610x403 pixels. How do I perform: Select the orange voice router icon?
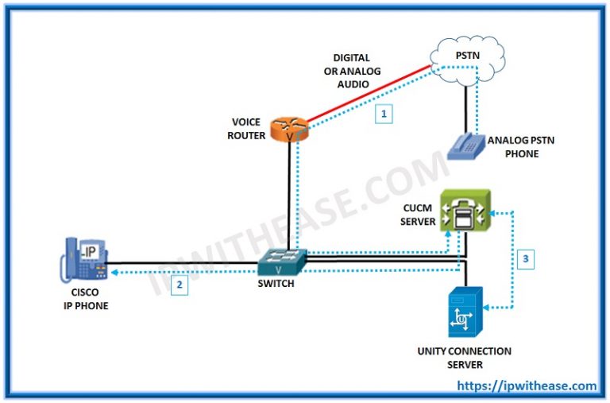(x=288, y=129)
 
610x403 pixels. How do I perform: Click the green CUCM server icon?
(x=465, y=211)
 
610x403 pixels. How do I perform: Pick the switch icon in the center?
(x=281, y=258)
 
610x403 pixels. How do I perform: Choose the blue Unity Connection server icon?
(x=464, y=312)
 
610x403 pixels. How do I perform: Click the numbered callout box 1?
(x=384, y=114)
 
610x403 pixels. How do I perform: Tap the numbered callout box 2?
(x=180, y=285)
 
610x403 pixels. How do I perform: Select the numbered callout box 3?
(x=526, y=258)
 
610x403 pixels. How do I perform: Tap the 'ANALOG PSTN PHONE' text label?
(x=522, y=147)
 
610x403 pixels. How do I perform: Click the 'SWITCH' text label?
(x=275, y=283)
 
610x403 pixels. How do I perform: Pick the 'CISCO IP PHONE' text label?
(x=82, y=299)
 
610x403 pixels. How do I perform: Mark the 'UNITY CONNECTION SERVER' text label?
(x=465, y=358)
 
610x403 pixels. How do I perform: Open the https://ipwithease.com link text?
(x=527, y=386)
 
